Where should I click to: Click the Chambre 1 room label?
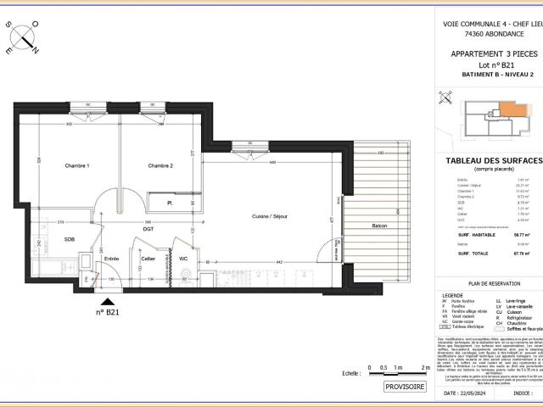click(76, 165)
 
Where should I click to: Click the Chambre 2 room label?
click(160, 165)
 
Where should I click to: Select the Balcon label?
click(379, 226)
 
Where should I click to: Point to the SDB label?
click(70, 240)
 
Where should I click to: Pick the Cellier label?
click(148, 259)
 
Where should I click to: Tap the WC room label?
click(183, 259)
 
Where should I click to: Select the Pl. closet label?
click(171, 203)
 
